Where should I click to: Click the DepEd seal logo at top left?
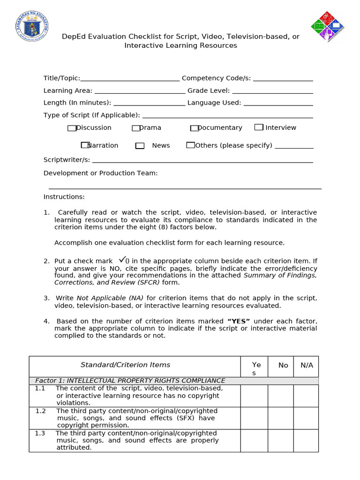click(32, 27)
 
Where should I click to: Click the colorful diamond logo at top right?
click(327, 27)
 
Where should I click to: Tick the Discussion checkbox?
click(71, 128)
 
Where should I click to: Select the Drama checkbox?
click(136, 128)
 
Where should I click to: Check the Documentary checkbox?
click(194, 128)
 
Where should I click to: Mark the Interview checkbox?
click(259, 127)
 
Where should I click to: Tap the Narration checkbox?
click(85, 145)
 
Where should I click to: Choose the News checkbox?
click(140, 146)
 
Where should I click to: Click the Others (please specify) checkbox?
click(190, 145)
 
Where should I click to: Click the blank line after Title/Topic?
click(130, 79)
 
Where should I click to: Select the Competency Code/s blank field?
click(283, 79)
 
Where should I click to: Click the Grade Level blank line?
click(272, 91)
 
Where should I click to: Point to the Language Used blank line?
click(278, 103)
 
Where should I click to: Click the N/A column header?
click(306, 366)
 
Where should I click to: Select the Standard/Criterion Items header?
click(125, 365)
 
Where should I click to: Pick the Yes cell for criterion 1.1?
click(254, 396)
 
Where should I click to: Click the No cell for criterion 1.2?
click(280, 418)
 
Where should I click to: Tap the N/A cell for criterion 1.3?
click(306, 440)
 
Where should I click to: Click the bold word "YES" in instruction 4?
click(239, 321)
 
